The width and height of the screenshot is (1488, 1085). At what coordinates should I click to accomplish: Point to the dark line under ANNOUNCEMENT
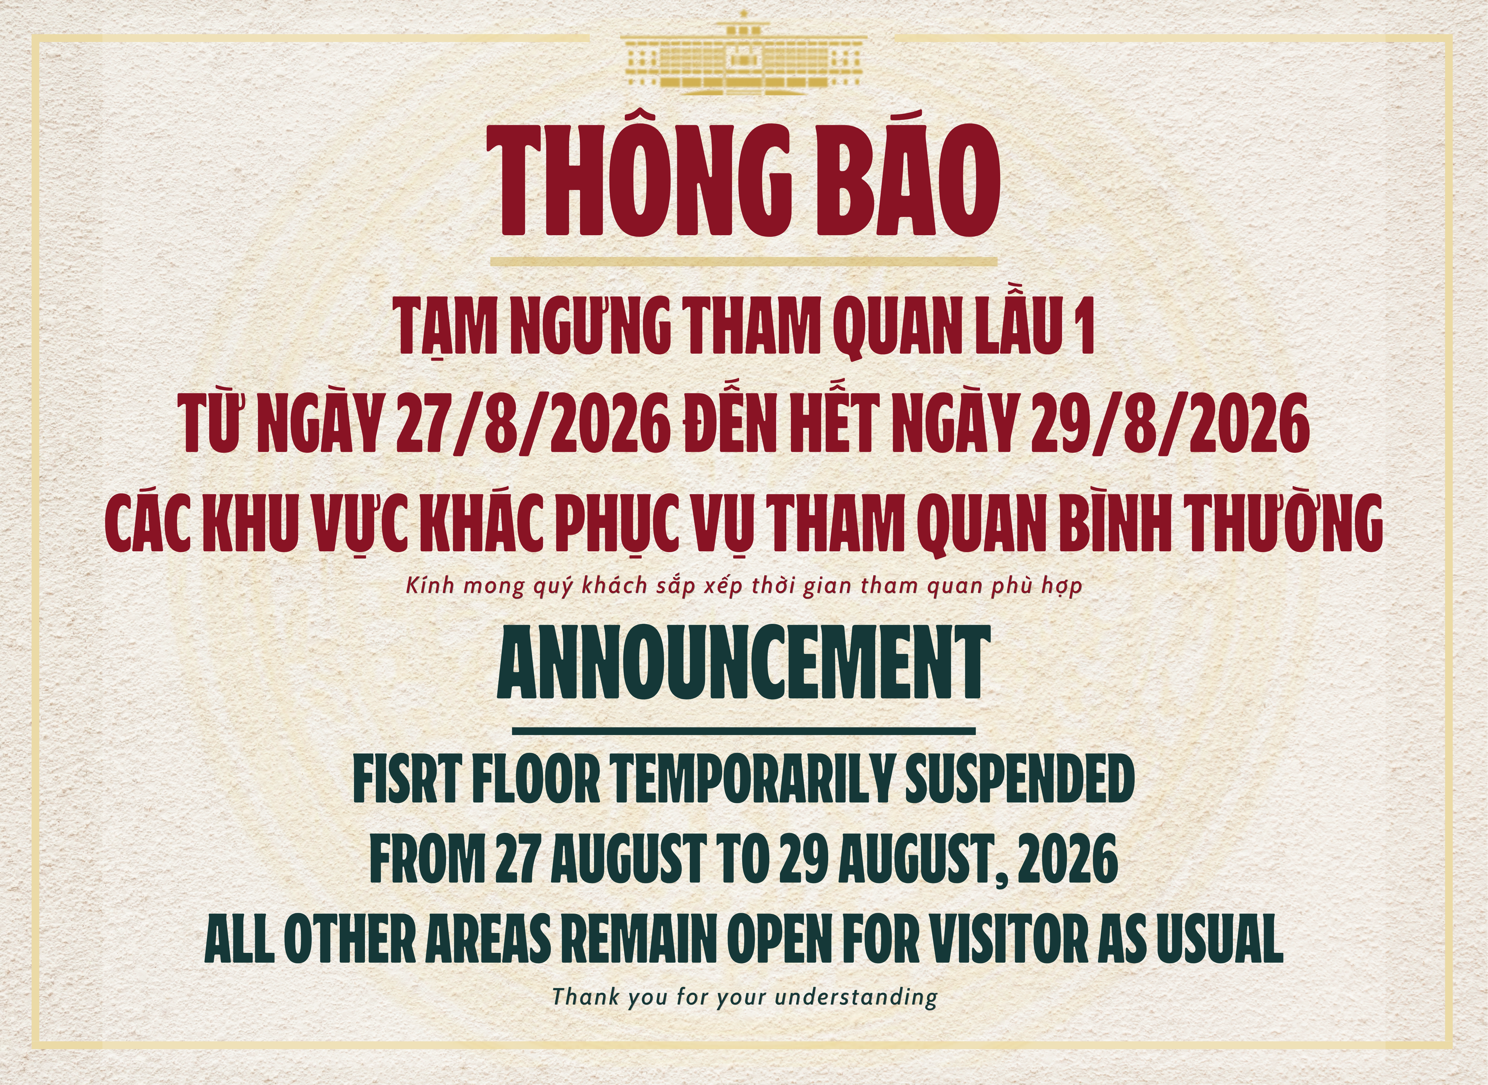click(744, 730)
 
